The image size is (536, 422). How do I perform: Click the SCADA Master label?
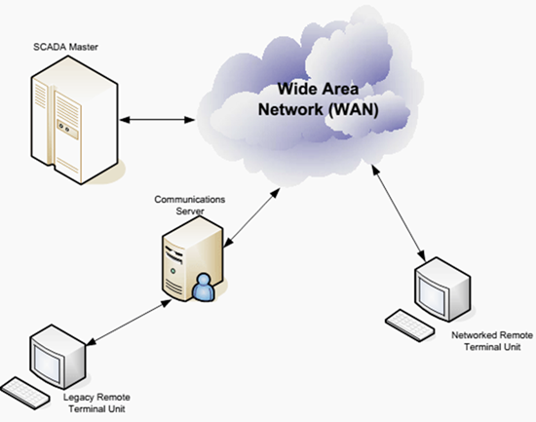(x=65, y=47)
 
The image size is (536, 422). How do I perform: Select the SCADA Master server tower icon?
(x=74, y=120)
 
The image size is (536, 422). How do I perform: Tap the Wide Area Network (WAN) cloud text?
(x=319, y=99)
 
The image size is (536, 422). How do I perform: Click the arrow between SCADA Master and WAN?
(x=157, y=120)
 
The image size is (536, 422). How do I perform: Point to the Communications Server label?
(x=190, y=205)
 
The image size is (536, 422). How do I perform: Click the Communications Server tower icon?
(x=192, y=259)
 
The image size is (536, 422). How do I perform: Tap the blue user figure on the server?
(x=204, y=288)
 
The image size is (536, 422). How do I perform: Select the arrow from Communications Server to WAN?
(x=251, y=217)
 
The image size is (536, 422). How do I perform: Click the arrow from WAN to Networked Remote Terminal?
(x=399, y=212)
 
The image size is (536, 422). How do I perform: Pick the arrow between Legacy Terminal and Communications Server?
(x=130, y=323)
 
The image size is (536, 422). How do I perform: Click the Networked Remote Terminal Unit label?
(x=492, y=341)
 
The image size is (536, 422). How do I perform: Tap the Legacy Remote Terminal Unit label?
(x=96, y=403)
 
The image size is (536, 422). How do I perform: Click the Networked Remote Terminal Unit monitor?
(x=442, y=289)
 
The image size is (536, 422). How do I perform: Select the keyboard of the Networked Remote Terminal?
(x=410, y=325)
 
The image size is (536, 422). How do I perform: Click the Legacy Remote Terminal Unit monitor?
(x=57, y=357)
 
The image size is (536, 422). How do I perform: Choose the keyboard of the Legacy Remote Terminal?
(x=25, y=394)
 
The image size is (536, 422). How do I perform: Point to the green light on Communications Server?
(x=172, y=271)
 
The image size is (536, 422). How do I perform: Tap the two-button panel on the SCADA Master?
(x=67, y=130)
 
